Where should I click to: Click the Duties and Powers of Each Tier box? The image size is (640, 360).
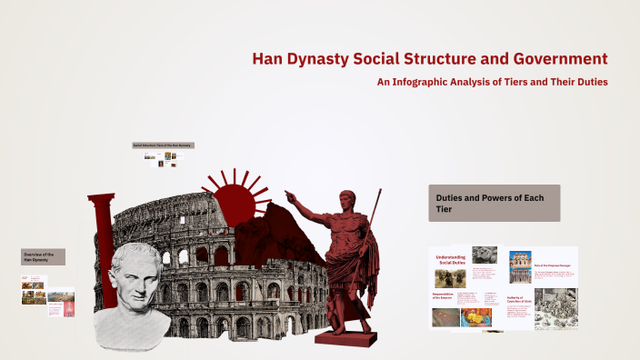click(494, 203)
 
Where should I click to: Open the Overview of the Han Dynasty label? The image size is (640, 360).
click(43, 256)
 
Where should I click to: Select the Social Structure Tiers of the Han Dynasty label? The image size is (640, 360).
click(164, 145)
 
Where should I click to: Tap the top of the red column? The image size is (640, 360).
click(101, 197)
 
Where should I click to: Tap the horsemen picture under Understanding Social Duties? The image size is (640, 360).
click(450, 278)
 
